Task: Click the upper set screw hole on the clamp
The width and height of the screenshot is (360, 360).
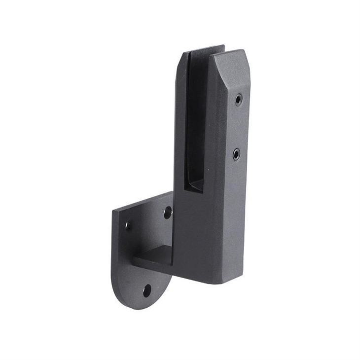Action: click(239, 99)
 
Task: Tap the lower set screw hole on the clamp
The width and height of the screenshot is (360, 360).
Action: click(236, 154)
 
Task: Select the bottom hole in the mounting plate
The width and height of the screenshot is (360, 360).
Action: click(147, 290)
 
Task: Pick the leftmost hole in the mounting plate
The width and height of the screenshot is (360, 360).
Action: click(128, 225)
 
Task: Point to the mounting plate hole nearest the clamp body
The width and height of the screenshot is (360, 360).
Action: click(168, 213)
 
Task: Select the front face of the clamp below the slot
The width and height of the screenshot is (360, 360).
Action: click(197, 232)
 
